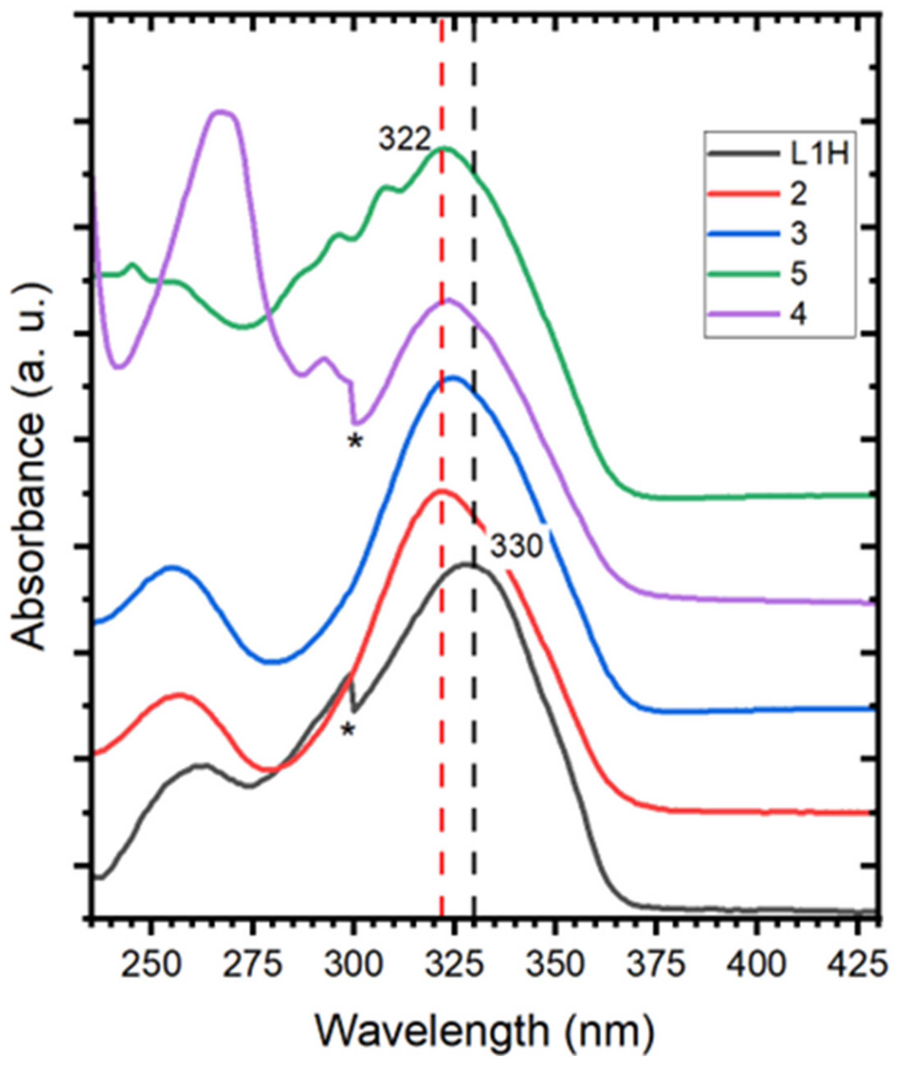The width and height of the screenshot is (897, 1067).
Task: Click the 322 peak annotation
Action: pos(404,139)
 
